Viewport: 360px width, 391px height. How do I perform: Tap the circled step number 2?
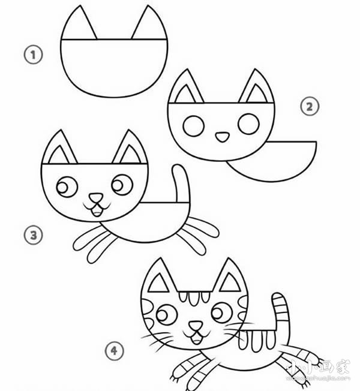pyautogui.click(x=309, y=107)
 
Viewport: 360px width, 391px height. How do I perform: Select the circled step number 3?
pyautogui.click(x=33, y=235)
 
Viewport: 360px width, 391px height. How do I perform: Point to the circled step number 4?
pyautogui.click(x=114, y=351)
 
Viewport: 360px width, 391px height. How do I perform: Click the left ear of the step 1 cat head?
pyautogui.click(x=82, y=25)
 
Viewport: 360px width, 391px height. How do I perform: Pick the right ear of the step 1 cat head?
pyautogui.click(x=148, y=25)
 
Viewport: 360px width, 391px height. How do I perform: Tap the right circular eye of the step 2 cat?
pyautogui.click(x=247, y=124)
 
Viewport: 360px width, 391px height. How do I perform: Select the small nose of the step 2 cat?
pyautogui.click(x=221, y=137)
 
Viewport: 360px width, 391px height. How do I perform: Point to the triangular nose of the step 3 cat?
pyautogui.click(x=95, y=198)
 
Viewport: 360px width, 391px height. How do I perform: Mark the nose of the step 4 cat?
pyautogui.click(x=195, y=328)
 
